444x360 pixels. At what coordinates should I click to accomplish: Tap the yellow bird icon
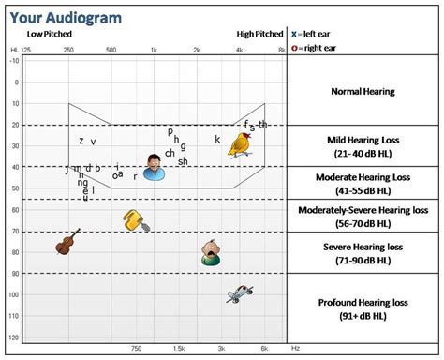[243, 142]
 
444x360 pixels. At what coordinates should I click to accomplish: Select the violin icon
[66, 243]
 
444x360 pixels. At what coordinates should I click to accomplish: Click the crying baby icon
[212, 251]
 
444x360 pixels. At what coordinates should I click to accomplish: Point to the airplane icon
[241, 293]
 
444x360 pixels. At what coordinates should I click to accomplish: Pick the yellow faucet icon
[136, 221]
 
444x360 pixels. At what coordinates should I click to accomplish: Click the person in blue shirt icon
[155, 167]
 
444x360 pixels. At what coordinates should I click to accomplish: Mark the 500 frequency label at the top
[111, 49]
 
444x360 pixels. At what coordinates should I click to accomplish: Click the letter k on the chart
[217, 140]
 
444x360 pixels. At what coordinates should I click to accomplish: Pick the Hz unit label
[295, 349]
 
